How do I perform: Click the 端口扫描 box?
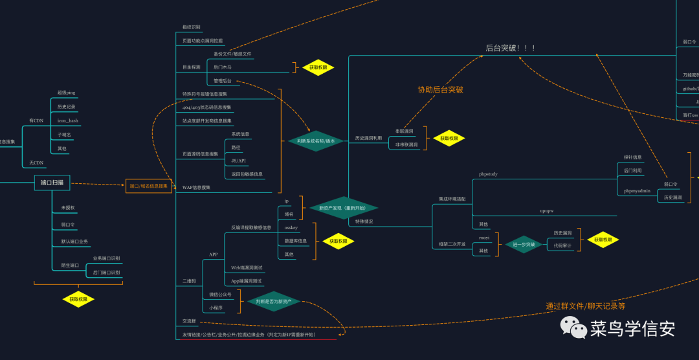click(x=52, y=183)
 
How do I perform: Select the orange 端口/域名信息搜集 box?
click(x=149, y=186)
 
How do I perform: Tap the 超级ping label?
click(x=66, y=93)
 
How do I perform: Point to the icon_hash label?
click(x=67, y=120)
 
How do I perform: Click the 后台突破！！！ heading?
click(x=511, y=48)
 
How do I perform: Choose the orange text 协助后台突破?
click(x=440, y=89)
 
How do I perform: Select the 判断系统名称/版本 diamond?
click(x=316, y=141)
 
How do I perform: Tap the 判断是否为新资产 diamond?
click(x=274, y=302)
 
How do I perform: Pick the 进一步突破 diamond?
click(x=524, y=244)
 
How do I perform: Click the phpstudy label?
click(x=488, y=174)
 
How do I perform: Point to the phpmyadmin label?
click(x=637, y=191)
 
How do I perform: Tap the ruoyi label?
click(x=483, y=238)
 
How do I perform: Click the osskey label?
click(x=291, y=227)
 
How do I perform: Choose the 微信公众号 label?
click(x=220, y=295)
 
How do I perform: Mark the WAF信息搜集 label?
click(x=196, y=187)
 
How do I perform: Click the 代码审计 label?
click(x=562, y=246)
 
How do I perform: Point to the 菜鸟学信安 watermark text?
click(x=632, y=328)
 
